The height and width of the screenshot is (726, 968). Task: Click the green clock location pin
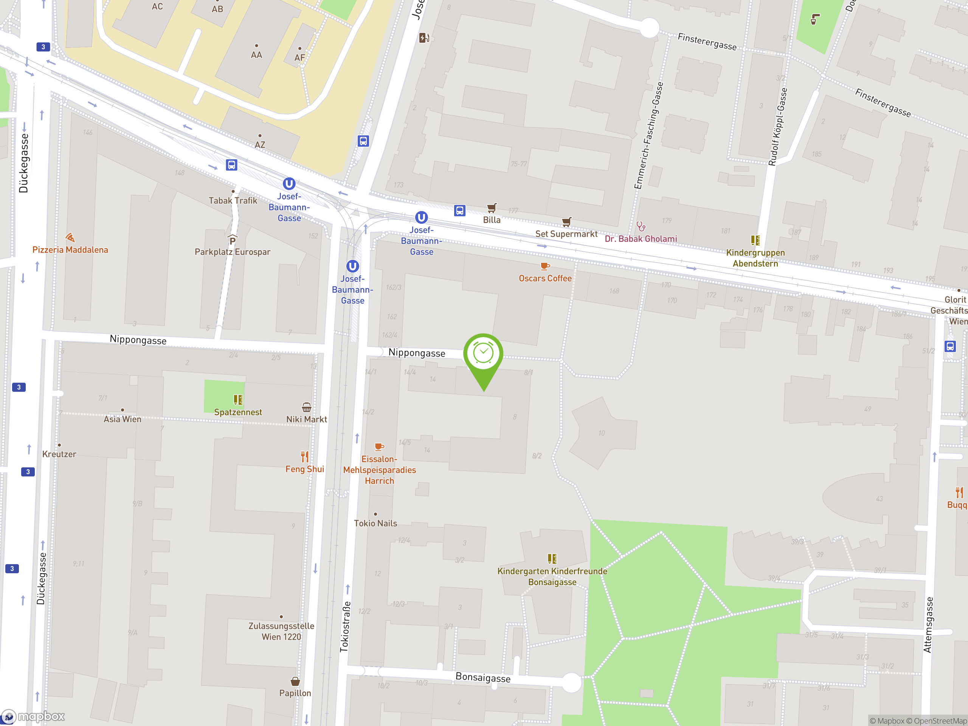(x=483, y=354)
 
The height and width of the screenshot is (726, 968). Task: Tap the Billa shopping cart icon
(x=492, y=208)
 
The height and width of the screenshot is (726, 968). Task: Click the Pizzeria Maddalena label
(x=70, y=250)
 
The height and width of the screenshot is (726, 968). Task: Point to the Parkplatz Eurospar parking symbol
(x=233, y=240)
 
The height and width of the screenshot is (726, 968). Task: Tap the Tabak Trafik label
(x=233, y=201)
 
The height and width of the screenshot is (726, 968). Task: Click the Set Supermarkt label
(x=566, y=234)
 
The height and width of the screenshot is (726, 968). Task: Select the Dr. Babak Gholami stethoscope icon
(x=641, y=226)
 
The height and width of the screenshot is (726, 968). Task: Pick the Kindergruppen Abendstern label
(x=755, y=258)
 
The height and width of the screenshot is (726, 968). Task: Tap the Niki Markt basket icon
(x=306, y=407)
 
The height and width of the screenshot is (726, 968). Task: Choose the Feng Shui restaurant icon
(x=304, y=457)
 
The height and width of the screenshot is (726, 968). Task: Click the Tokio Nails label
(x=375, y=523)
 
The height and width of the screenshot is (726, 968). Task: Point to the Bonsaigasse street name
(x=483, y=678)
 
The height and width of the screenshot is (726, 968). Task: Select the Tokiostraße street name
(x=345, y=627)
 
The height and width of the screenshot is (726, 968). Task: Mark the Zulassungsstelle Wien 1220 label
(x=281, y=631)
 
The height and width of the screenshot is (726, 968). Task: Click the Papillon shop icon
(x=295, y=681)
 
